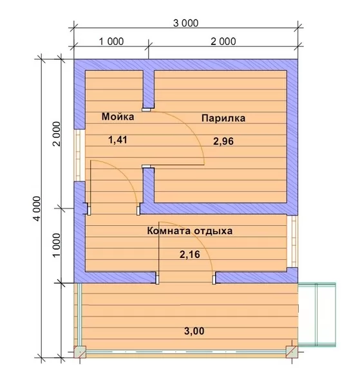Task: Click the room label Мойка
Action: coord(118,116)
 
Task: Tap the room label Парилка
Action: coord(223,118)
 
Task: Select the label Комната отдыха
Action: coord(190,231)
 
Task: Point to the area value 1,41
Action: coord(118,140)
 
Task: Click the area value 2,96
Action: coord(223,142)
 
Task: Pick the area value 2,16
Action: coord(190,255)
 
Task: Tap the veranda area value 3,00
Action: coord(194,331)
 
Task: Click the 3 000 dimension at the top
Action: coord(185,23)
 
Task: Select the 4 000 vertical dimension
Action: coord(37,208)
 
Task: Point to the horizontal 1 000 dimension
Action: coord(111,41)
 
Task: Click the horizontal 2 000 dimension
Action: coord(223,41)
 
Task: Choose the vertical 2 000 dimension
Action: coord(57,134)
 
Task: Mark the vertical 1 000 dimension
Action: coord(57,245)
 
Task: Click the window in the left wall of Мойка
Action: coord(79,155)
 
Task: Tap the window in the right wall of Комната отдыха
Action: coord(293,241)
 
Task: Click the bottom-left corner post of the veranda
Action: coord(80,351)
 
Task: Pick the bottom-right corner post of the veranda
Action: coord(292,351)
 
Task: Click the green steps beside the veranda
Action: coord(317,315)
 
